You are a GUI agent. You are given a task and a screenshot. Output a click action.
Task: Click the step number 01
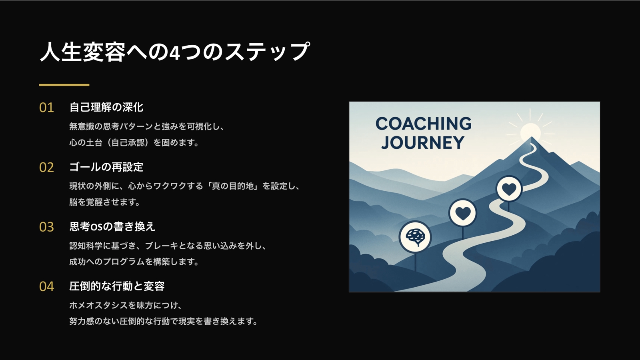pos(46,108)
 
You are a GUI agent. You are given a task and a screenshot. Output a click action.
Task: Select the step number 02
pos(46,168)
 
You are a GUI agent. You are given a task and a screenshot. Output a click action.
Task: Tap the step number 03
pos(46,227)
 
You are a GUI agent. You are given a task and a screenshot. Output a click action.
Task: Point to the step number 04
pos(46,286)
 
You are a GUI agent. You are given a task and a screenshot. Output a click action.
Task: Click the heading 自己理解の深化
pos(106,108)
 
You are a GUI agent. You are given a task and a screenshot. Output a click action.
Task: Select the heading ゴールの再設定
pos(106,167)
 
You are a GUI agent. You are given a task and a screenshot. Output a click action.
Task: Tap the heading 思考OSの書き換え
pos(112,226)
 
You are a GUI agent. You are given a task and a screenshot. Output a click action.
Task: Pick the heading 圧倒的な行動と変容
pos(117,286)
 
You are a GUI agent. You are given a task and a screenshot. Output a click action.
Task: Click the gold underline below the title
pos(64,85)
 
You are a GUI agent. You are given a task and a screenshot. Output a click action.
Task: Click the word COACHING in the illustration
pos(424,124)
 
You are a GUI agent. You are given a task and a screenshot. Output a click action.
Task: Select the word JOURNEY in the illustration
pos(423,142)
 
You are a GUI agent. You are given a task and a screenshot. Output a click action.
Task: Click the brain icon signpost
pos(415,237)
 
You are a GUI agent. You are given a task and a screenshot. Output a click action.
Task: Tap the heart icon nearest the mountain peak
pos(509,189)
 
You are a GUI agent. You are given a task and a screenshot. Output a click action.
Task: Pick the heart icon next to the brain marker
pos(463,213)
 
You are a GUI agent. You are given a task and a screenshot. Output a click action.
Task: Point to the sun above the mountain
pos(530,132)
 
